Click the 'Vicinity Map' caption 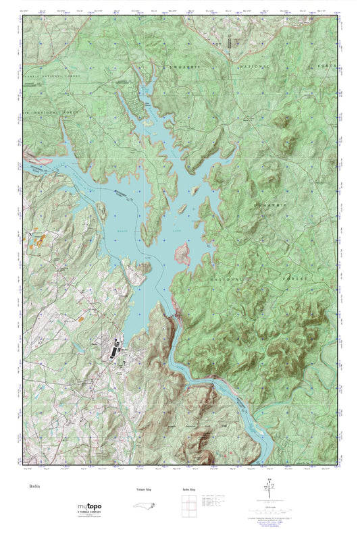coord(140,489)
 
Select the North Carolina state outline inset coord(140,508)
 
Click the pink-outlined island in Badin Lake coord(182,254)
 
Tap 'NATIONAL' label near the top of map coord(255,67)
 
